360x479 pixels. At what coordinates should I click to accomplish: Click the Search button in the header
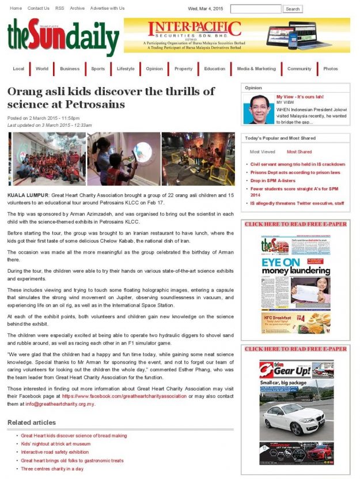pos(293,9)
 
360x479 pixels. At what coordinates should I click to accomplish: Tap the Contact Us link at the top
pos(38,8)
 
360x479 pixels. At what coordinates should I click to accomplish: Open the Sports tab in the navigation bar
pos(98,69)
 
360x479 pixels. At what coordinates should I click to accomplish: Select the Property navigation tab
pos(183,69)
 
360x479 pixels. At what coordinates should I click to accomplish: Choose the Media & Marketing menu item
pos(256,69)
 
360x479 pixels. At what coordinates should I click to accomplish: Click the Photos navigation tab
pos(331,69)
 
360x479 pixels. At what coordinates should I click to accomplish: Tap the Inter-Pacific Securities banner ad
pos(237,35)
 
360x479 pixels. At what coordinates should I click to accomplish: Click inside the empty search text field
pos(255,9)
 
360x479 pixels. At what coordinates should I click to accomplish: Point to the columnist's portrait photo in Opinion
pos(259,110)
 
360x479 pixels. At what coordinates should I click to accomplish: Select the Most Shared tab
pos(299,152)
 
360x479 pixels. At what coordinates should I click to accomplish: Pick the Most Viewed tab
pos(262,152)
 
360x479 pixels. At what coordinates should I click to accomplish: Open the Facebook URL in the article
pos(124,396)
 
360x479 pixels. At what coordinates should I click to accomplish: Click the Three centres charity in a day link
pos(52,469)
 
